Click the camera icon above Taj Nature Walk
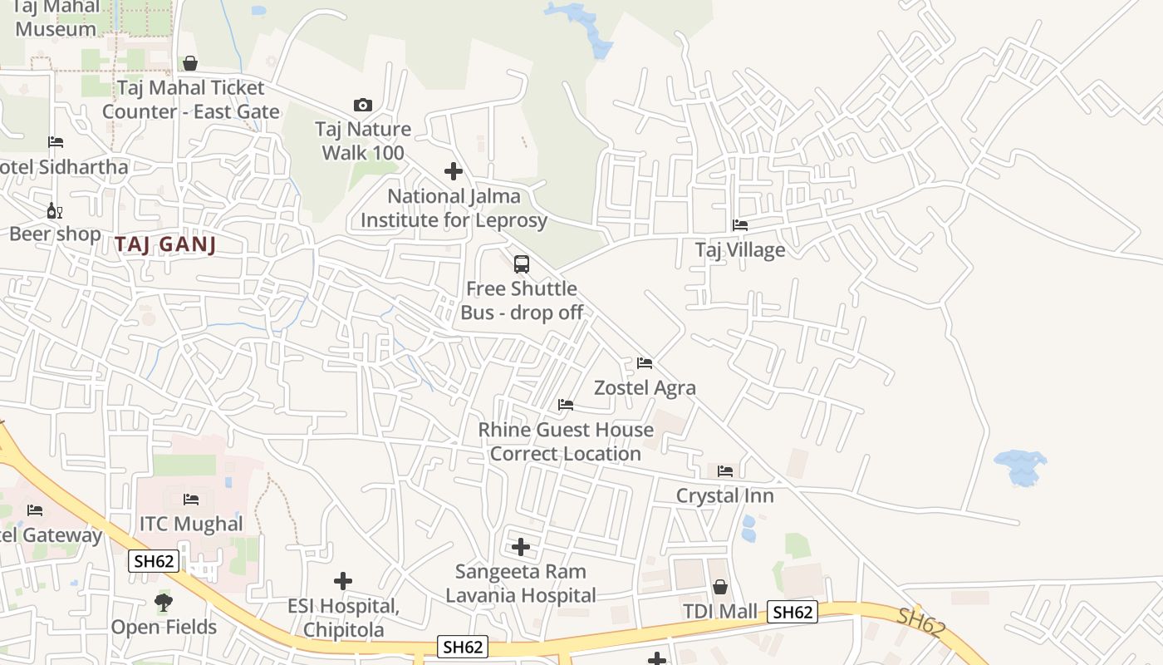click(363, 105)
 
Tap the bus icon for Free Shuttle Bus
click(522, 264)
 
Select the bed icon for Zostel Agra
click(644, 363)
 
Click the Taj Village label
click(739, 249)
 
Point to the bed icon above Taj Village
click(739, 225)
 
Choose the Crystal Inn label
click(724, 496)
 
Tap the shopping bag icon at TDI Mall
click(720, 587)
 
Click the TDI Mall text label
click(720, 613)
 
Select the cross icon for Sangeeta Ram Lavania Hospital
click(521, 547)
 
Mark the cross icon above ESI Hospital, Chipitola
click(343, 581)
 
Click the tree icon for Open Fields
click(164, 602)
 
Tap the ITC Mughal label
click(191, 524)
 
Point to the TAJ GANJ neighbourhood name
click(165, 244)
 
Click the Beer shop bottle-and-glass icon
click(55, 210)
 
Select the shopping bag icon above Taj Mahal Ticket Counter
click(190, 63)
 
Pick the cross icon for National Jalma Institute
click(454, 171)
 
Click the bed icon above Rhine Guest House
click(566, 405)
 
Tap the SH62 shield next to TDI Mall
click(793, 613)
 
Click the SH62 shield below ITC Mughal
click(154, 561)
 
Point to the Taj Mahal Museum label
click(56, 18)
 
